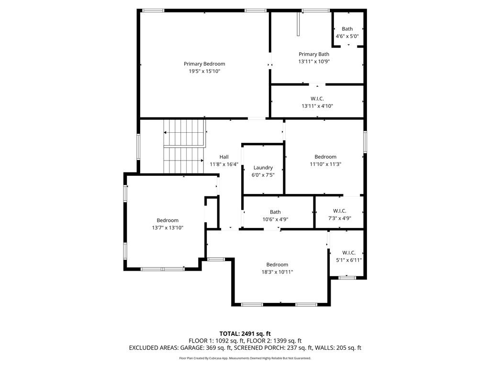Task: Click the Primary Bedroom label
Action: (x=204, y=64)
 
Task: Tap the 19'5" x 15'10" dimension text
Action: (x=204, y=71)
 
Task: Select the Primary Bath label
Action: (x=314, y=54)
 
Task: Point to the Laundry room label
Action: (x=263, y=168)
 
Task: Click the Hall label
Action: (x=224, y=157)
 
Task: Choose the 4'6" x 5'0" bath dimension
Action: (x=347, y=36)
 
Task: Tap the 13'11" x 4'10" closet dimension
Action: (x=317, y=106)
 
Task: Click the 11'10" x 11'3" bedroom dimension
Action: (x=325, y=164)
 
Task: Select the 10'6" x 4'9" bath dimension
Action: (x=275, y=219)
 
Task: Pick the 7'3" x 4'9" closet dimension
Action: (x=340, y=218)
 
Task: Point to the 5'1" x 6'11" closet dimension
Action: (x=349, y=260)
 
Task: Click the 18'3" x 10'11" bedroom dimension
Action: (x=277, y=272)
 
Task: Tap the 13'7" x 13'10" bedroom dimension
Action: (x=167, y=228)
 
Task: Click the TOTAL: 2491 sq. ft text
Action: (x=245, y=333)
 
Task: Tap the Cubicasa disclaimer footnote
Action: (x=245, y=358)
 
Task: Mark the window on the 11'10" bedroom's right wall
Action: (x=365, y=142)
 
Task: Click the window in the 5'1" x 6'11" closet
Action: (x=347, y=277)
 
